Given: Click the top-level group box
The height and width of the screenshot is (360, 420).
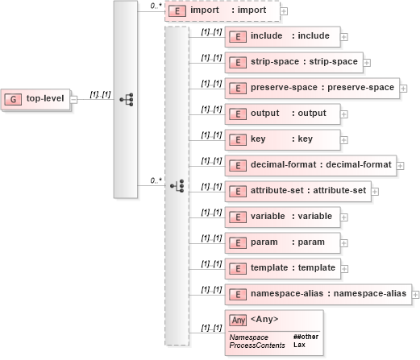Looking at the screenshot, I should point(35,99).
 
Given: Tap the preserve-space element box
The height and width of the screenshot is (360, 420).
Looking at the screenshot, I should point(310,87).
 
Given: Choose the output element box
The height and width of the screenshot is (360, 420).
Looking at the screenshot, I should point(281,114).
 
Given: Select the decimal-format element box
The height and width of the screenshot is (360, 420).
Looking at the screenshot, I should point(310,165).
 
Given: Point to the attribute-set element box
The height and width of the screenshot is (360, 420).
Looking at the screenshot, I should point(297,191).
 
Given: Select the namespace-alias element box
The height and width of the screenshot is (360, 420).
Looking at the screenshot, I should point(318,294).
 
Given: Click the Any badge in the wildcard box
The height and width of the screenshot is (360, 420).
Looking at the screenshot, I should point(238,320).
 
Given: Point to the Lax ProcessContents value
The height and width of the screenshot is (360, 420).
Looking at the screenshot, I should point(298,345).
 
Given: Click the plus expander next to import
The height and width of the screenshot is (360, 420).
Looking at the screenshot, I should point(284,12).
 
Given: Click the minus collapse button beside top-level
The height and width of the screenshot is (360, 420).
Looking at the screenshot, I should point(74,100).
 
